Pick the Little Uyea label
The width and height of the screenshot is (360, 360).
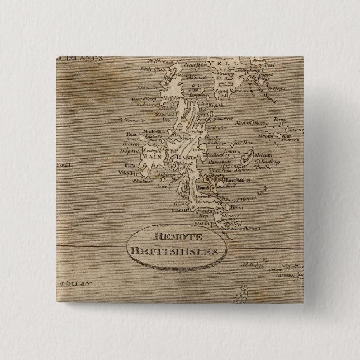146,70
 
